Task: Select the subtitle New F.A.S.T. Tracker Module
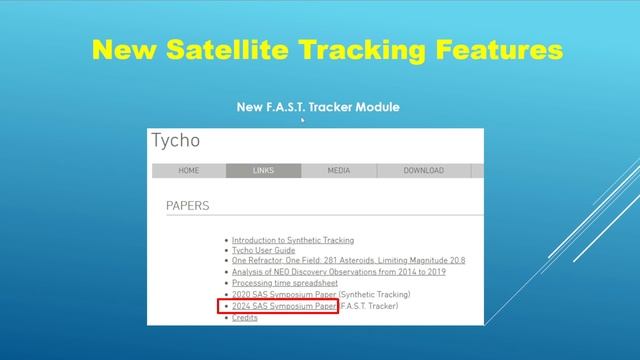coord(318,106)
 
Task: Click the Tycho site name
coord(176,141)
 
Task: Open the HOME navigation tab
coord(188,171)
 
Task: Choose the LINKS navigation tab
coord(263,171)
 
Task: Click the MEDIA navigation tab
coord(339,171)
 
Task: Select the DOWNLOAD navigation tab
coord(423,171)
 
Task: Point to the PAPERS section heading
coord(188,206)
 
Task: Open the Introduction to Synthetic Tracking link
coord(292,240)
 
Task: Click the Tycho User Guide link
coord(263,250)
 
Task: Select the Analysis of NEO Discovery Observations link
coord(338,272)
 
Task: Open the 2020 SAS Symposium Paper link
coord(284,295)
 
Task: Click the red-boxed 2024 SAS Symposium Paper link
coord(284,306)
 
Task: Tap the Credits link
coord(244,318)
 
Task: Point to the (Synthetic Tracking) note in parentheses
coord(375,295)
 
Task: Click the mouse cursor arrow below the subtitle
coord(303,120)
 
